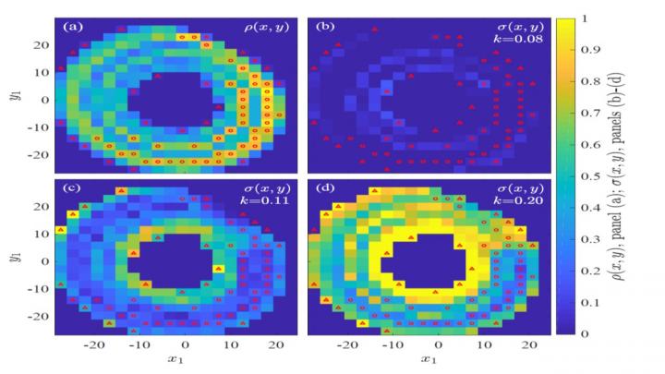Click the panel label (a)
tap(72, 26)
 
